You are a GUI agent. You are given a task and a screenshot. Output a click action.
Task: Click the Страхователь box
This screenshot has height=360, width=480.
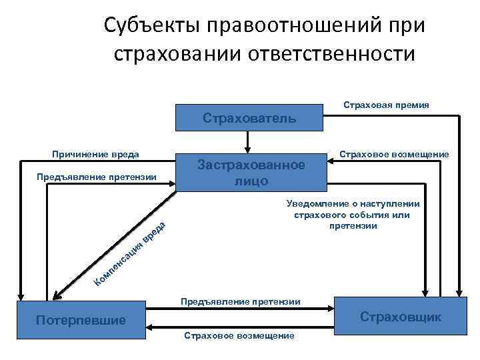tap(249, 119)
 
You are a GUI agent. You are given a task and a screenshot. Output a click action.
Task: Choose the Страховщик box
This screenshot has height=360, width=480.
tap(400, 317)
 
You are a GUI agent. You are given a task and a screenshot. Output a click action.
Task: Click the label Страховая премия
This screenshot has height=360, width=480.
tap(385, 105)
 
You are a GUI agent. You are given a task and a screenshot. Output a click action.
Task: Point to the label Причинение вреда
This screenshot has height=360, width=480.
tap(95, 155)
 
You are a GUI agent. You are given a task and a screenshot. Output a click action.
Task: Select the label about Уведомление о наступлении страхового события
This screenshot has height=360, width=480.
tap(353, 215)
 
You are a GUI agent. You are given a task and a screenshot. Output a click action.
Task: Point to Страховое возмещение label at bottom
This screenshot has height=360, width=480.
tap(238, 335)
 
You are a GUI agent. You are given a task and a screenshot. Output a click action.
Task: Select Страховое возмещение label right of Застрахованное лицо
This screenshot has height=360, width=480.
tap(393, 155)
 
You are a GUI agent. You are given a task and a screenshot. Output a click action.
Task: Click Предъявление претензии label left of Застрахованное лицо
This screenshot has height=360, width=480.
tap(96, 177)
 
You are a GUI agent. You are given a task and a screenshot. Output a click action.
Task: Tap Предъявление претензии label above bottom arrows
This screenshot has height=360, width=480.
tap(241, 301)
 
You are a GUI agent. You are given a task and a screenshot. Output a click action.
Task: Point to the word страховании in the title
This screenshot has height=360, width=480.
tap(179, 53)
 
